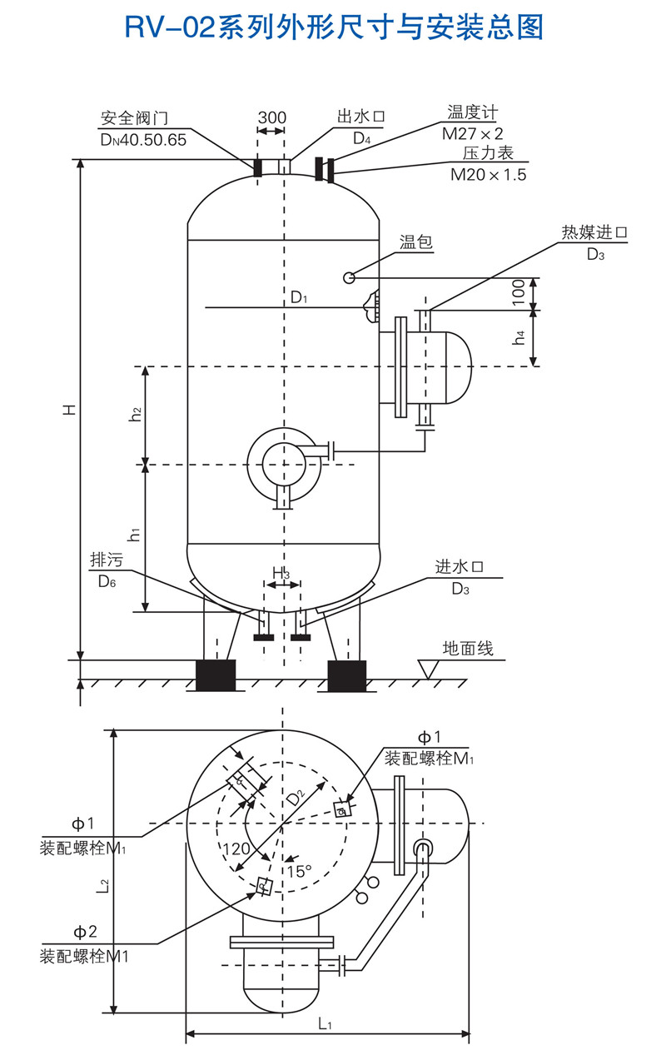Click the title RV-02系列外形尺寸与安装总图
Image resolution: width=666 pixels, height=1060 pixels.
click(333, 27)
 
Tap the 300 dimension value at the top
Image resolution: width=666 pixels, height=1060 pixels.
click(271, 117)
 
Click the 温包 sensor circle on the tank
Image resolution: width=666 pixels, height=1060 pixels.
click(350, 276)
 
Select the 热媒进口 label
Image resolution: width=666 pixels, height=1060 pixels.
click(594, 232)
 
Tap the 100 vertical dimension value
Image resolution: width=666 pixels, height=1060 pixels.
click(518, 294)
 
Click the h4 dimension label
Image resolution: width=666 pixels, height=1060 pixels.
click(519, 338)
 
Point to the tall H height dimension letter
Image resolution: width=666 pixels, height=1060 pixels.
click(72, 409)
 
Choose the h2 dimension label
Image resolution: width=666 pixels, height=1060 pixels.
click(135, 414)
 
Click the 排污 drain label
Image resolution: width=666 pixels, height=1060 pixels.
click(106, 560)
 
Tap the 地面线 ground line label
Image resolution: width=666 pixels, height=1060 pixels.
click(468, 648)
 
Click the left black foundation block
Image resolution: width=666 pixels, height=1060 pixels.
click(216, 674)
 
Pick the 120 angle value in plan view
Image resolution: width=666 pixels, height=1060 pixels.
click(237, 849)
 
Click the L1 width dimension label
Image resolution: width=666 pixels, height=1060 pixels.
click(326, 1023)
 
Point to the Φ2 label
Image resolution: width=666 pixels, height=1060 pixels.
click(84, 932)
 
